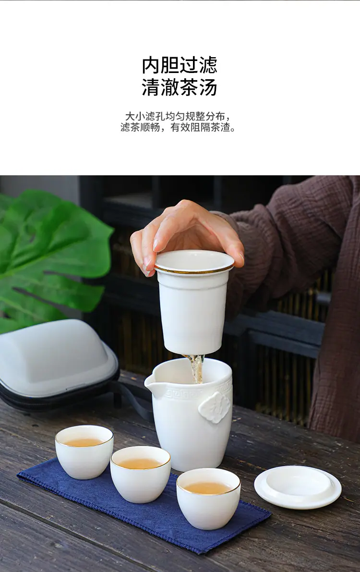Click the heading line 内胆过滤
point(180,65)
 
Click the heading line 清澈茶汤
point(180,87)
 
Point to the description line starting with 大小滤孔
point(179,116)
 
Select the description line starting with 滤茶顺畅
point(179,127)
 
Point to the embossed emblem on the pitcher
point(215,407)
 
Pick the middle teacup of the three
point(141,474)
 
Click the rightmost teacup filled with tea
point(208,499)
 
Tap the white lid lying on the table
point(298,487)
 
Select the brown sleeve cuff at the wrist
point(233,233)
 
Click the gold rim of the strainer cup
point(193,270)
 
